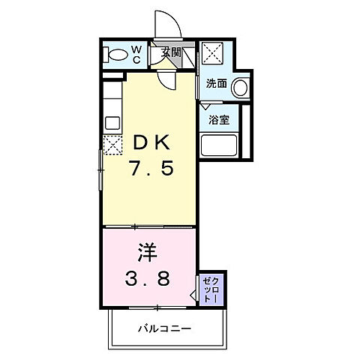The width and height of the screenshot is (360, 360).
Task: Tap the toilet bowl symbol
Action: tap(118, 55)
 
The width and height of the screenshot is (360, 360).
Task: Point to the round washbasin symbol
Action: tap(240, 88)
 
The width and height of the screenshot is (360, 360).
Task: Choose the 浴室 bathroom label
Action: tap(219, 120)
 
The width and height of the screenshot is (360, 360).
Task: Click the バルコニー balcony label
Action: tap(164, 328)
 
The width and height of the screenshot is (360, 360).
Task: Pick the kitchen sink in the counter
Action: tap(112, 122)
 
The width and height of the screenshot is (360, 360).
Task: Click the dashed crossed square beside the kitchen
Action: tap(112, 145)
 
